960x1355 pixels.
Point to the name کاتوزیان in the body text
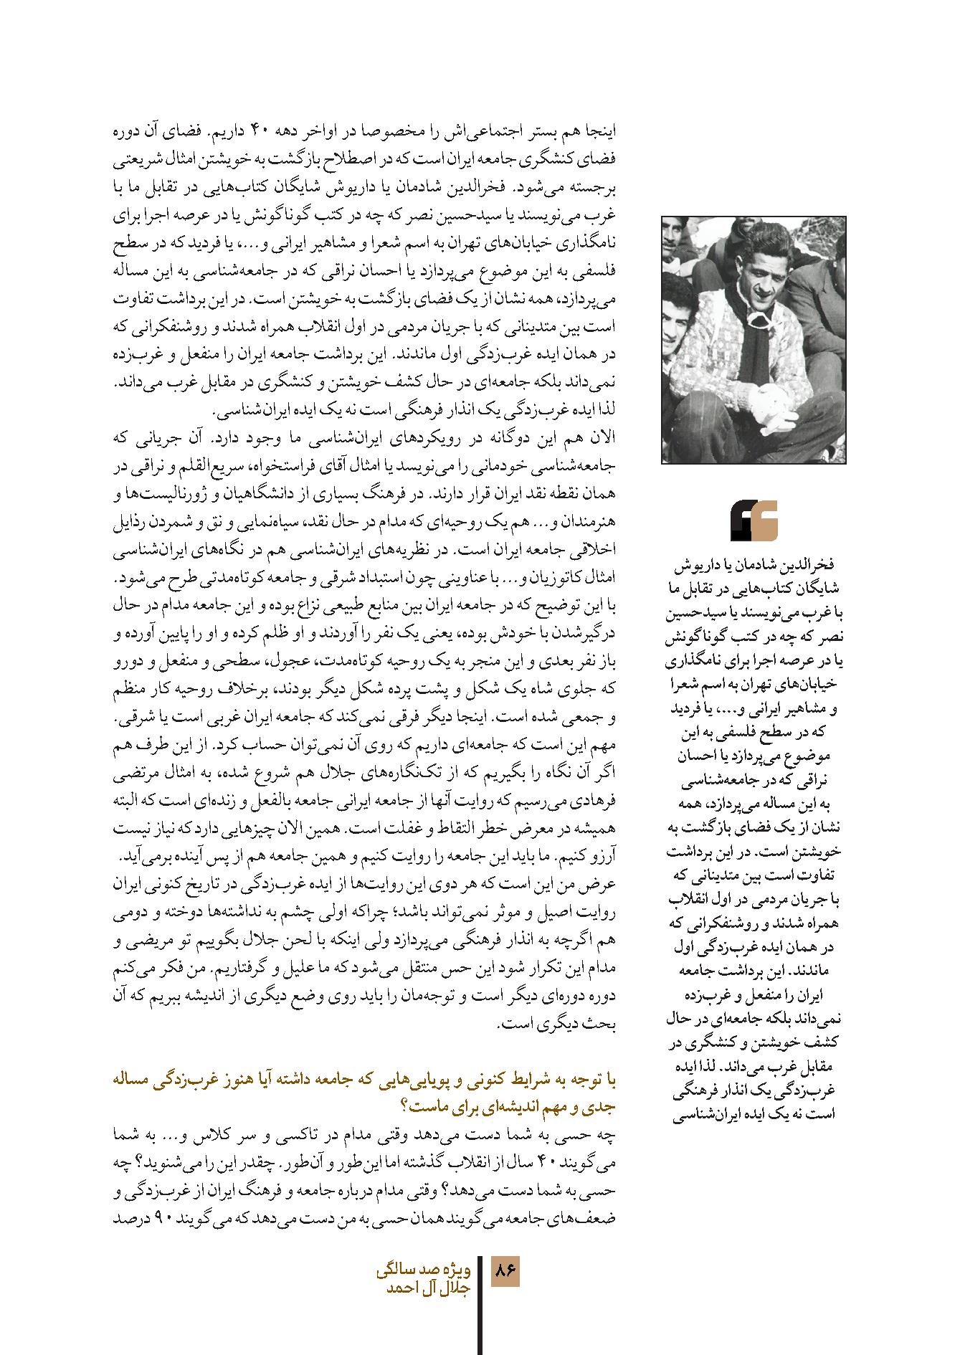[194, 578]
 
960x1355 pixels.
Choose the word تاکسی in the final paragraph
[284, 1136]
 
